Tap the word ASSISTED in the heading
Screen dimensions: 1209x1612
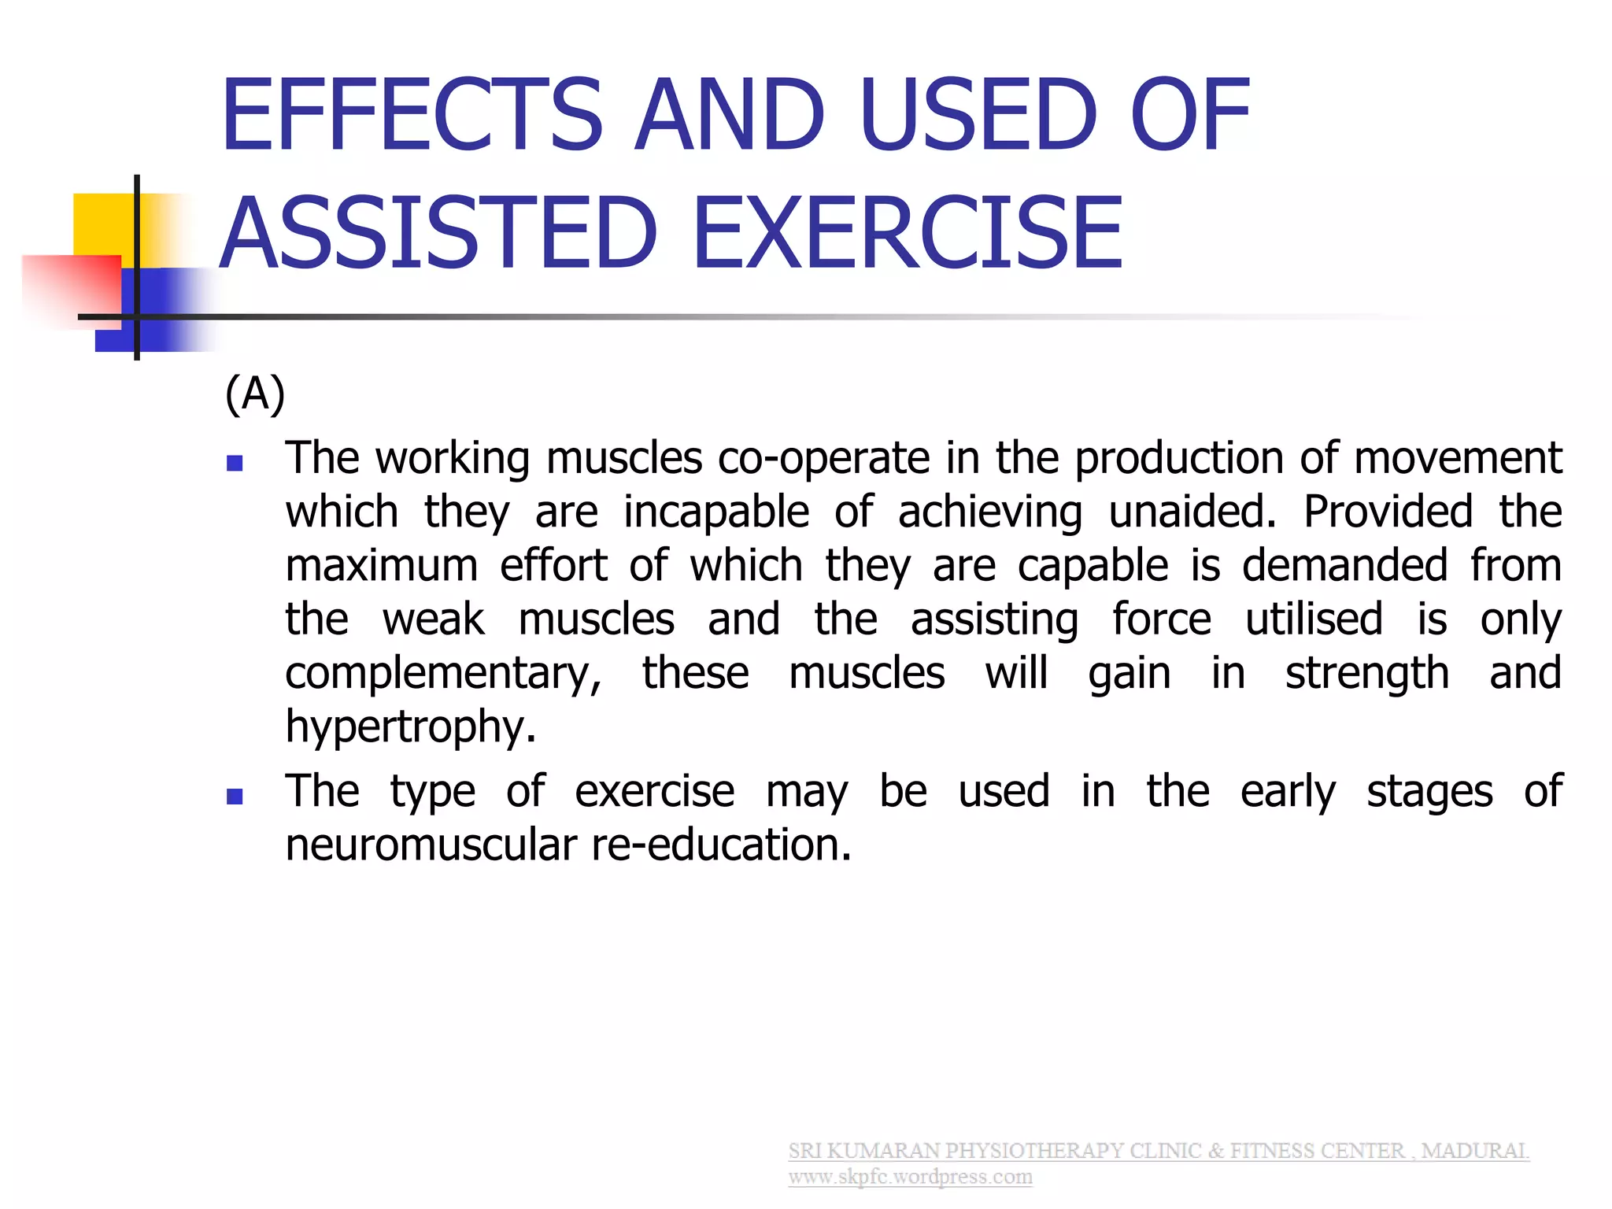click(438, 234)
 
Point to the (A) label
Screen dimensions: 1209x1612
click(254, 394)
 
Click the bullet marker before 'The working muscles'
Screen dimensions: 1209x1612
click(235, 463)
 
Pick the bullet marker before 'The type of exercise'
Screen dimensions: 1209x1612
click(235, 797)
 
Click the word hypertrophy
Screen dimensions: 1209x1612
click(409, 727)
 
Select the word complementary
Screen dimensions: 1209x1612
click(443, 674)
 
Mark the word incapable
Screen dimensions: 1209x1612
click(716, 512)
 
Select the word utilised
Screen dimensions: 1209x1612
click(1314, 619)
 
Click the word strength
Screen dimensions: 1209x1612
click(1367, 674)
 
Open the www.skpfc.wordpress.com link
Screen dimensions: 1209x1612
click(910, 1178)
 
